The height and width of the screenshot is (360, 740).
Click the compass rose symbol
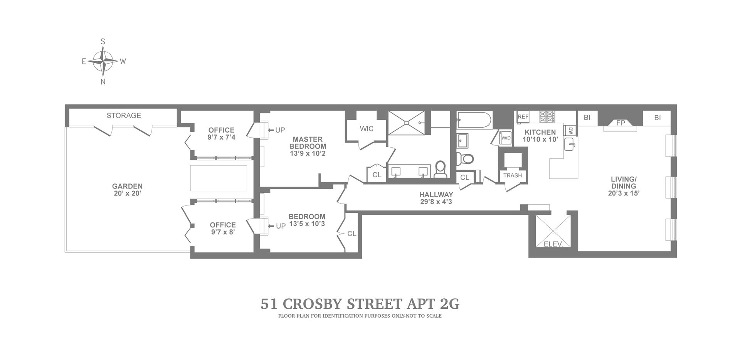[103, 61]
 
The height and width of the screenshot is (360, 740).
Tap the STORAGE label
[124, 116]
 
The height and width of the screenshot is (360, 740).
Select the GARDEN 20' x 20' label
[127, 190]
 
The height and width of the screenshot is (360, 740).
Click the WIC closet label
[367, 129]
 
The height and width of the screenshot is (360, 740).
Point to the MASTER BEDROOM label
[308, 143]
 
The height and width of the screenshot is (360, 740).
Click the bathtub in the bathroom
[474, 120]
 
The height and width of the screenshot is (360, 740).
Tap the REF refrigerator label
[523, 117]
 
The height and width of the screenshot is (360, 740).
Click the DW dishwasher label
[571, 131]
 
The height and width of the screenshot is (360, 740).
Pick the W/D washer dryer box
[505, 138]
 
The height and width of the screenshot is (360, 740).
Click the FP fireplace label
[621, 123]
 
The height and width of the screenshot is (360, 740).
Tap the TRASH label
[513, 175]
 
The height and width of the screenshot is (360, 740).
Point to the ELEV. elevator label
[553, 244]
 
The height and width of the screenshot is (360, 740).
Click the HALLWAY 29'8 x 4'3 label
[436, 198]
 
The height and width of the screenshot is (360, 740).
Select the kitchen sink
[570, 145]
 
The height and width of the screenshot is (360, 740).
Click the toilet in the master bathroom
[440, 169]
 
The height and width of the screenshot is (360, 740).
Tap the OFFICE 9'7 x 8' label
[222, 229]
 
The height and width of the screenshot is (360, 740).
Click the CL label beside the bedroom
[352, 234]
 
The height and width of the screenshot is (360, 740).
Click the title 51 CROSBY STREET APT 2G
[360, 304]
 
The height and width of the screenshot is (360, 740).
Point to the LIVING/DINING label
[623, 183]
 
